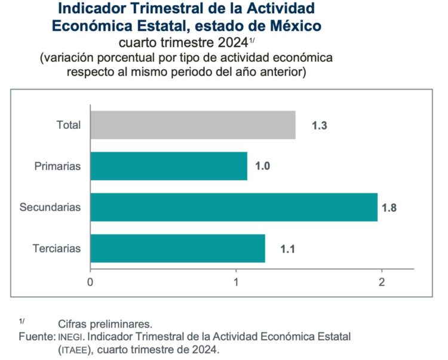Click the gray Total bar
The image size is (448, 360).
point(192,125)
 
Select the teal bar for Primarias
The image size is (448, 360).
point(168,166)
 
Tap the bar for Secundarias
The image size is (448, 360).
point(234,207)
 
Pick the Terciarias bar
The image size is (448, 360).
point(177,248)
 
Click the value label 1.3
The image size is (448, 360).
point(320,125)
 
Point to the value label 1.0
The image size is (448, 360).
point(263,167)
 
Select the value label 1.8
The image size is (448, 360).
point(389,208)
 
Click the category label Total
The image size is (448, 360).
point(68,125)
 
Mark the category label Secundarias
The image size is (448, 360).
point(50,207)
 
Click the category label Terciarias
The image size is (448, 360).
point(56,248)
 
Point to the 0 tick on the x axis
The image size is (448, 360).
point(90,281)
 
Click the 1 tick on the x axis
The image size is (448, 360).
point(236,281)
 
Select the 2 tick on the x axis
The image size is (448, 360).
point(382,281)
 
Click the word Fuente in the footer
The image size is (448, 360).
point(36,337)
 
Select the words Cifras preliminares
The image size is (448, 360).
point(105,324)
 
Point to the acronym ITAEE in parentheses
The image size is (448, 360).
point(75,349)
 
